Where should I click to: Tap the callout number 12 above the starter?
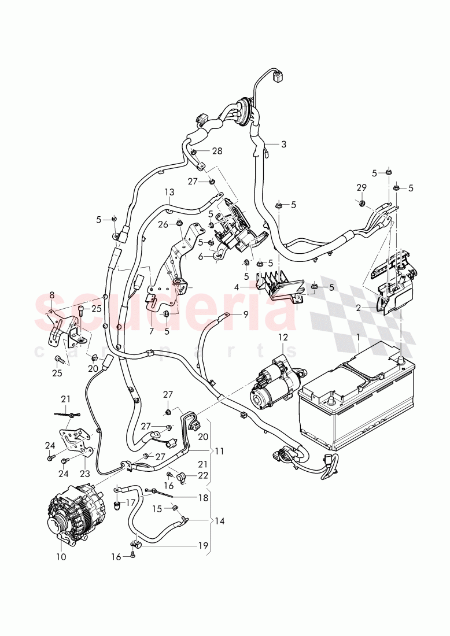282,337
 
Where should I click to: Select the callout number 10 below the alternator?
61,557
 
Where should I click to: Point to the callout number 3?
283,144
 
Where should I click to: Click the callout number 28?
217,151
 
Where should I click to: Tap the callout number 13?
169,192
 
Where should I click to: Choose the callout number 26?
163,224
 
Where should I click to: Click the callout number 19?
202,545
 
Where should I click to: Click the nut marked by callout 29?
361,203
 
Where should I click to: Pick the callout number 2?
359,308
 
